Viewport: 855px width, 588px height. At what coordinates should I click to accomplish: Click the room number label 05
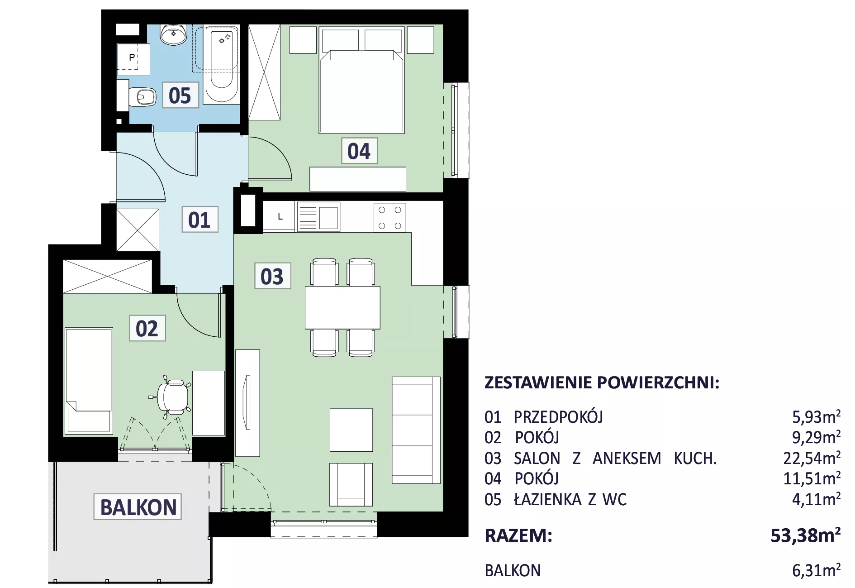[180, 95]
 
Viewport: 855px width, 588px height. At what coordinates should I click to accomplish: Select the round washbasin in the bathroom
[174, 35]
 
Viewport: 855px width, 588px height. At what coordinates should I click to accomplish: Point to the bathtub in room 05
[221, 64]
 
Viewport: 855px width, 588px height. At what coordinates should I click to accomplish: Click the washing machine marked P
[133, 59]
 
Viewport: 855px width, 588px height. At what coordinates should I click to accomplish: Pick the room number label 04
[359, 151]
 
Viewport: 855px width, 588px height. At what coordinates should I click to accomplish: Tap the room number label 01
[199, 220]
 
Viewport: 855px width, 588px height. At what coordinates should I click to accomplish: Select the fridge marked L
[279, 217]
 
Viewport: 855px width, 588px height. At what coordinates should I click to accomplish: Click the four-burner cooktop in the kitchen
[389, 217]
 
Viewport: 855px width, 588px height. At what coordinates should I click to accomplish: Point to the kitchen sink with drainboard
[318, 217]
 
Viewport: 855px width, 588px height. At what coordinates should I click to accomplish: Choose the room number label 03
[272, 276]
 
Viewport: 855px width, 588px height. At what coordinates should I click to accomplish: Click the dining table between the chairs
[342, 307]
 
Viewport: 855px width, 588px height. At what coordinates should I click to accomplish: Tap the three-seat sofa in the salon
[416, 430]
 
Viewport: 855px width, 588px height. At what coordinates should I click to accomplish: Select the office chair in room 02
[171, 397]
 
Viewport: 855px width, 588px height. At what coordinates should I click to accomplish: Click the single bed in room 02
[89, 381]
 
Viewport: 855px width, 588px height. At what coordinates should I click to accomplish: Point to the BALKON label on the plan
[138, 507]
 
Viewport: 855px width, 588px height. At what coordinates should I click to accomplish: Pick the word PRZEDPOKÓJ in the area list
[558, 416]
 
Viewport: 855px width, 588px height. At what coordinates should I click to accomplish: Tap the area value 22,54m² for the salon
[812, 458]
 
